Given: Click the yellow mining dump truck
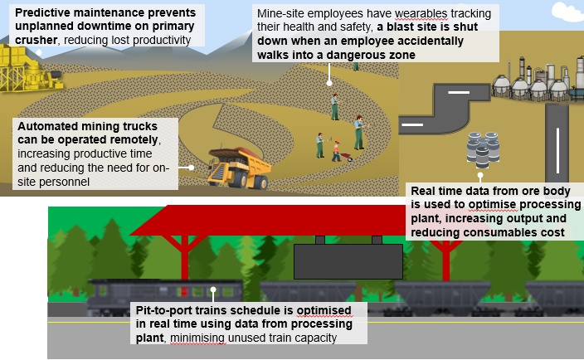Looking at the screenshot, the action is (239, 168).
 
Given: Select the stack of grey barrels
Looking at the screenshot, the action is (483, 149).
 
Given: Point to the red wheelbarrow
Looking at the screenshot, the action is (347, 157).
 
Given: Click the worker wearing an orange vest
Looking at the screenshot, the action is (337, 150).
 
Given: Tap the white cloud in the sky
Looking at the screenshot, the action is (567, 11).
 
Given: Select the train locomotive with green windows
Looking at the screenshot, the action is (165, 297).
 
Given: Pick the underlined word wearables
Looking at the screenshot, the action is (421, 14).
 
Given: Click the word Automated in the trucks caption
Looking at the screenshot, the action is (47, 126).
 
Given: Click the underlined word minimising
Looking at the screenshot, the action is (197, 338).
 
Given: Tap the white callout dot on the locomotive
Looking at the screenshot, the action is (213, 289).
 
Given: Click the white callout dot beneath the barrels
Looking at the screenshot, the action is (480, 175).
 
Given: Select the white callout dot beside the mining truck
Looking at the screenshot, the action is (191, 168).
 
